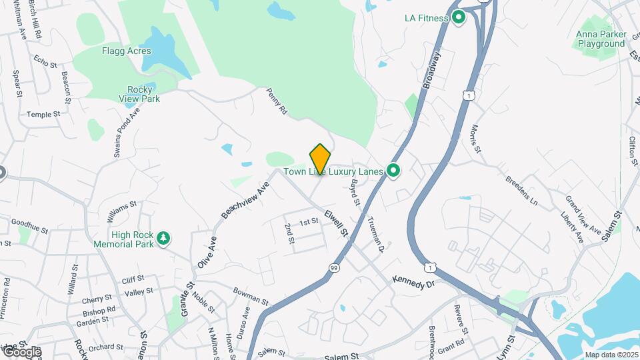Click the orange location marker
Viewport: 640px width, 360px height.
pos(320,159)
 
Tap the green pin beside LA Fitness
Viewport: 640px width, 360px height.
pos(458,17)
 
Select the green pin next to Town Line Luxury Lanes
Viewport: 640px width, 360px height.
pos(393,171)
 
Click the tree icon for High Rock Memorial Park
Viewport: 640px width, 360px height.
pos(163,238)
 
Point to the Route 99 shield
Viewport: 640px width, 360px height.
pos(333,267)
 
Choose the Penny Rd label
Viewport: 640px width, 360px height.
pos(277,101)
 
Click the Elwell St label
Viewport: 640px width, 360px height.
pos(337,224)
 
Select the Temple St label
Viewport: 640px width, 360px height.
pos(43,114)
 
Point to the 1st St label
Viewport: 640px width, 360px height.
pos(309,222)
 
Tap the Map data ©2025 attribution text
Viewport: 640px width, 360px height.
pos(611,355)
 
